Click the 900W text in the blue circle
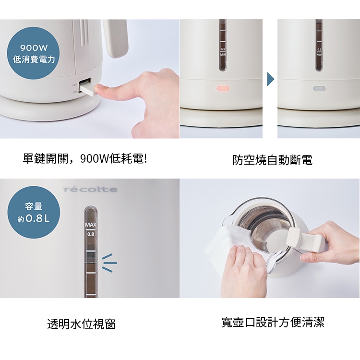(x=34, y=48)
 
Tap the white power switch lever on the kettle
(x=87, y=89)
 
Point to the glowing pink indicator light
(x=222, y=88)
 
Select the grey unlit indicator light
(x=319, y=89)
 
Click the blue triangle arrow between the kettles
(x=270, y=79)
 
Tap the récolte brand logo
(x=90, y=190)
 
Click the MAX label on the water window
(x=91, y=225)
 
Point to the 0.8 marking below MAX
(x=91, y=234)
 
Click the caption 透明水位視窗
(x=81, y=324)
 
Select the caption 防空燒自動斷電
(x=272, y=160)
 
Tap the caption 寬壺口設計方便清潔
(x=273, y=322)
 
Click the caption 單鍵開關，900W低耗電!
(x=84, y=159)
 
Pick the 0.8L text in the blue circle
(x=38, y=218)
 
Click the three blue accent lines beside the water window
(x=109, y=263)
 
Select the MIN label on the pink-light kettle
(x=223, y=55)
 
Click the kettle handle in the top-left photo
(x=116, y=38)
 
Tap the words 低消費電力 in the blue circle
(x=34, y=60)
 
